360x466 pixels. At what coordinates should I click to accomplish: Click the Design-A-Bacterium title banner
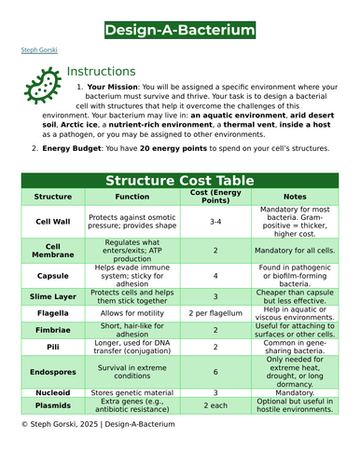(x=179, y=31)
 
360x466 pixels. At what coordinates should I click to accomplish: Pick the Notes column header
(x=295, y=198)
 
